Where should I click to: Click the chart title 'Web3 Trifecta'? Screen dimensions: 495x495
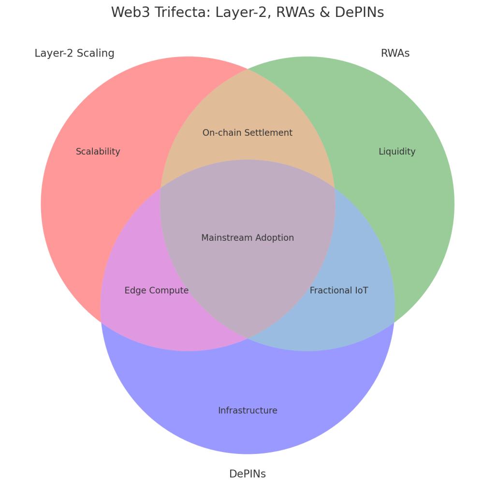[x=247, y=13]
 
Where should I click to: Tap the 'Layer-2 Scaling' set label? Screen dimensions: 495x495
[x=74, y=53]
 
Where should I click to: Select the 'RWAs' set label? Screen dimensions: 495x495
[x=395, y=53]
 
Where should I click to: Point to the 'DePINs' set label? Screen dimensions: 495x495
[x=247, y=474]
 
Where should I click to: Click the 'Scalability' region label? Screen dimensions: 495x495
[x=98, y=152]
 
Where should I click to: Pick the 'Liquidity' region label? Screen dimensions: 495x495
[x=397, y=152]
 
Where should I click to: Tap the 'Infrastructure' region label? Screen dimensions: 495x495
[x=247, y=410]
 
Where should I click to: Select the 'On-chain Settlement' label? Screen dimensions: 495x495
[x=247, y=133]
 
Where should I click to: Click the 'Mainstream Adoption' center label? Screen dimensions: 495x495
[x=247, y=238]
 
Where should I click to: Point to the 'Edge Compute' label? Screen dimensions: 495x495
[x=157, y=291]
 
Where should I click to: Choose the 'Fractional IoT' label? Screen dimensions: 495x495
[x=339, y=291]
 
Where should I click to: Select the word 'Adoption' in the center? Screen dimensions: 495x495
[x=275, y=238]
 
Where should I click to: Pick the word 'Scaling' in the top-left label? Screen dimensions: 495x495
[x=97, y=53]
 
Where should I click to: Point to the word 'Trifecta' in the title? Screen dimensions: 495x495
[x=184, y=13]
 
